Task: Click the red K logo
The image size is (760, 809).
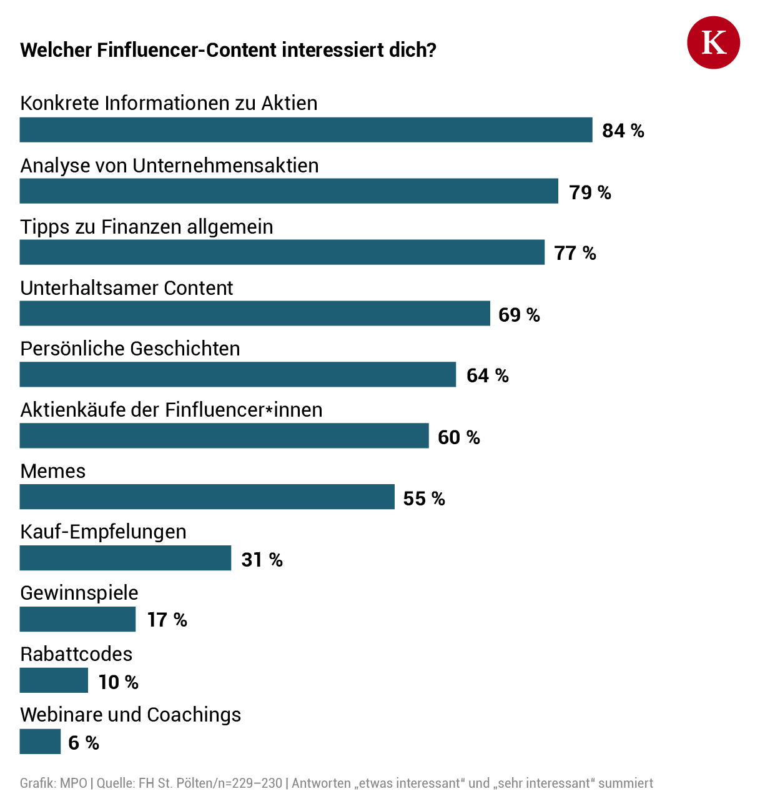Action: pyautogui.click(x=713, y=42)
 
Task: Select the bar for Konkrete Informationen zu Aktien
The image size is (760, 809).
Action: pyautogui.click(x=306, y=130)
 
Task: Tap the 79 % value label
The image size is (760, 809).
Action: pyautogui.click(x=590, y=192)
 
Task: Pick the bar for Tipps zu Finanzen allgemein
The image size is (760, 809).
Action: pyautogui.click(x=282, y=252)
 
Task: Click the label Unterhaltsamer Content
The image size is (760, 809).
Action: pyautogui.click(x=126, y=288)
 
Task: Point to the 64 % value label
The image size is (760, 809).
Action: pyautogui.click(x=487, y=375)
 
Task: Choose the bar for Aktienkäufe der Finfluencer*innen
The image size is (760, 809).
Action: pyautogui.click(x=224, y=436)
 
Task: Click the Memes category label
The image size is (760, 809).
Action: pyautogui.click(x=53, y=471)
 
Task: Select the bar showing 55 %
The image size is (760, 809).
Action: pyautogui.click(x=207, y=497)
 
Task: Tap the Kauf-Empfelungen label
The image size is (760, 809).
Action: pyautogui.click(x=103, y=532)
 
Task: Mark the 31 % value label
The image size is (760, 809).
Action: pyautogui.click(x=262, y=560)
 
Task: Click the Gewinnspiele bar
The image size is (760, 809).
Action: pyautogui.click(x=77, y=620)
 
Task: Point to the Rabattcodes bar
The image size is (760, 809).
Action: pyautogui.click(x=54, y=680)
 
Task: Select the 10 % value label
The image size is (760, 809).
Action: pyautogui.click(x=118, y=682)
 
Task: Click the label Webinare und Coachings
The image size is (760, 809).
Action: pyautogui.click(x=131, y=715)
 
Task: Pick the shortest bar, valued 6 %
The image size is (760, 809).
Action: pyautogui.click(x=40, y=742)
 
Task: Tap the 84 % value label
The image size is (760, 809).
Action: pyautogui.click(x=623, y=131)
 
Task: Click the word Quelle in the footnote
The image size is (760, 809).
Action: pyautogui.click(x=116, y=783)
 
